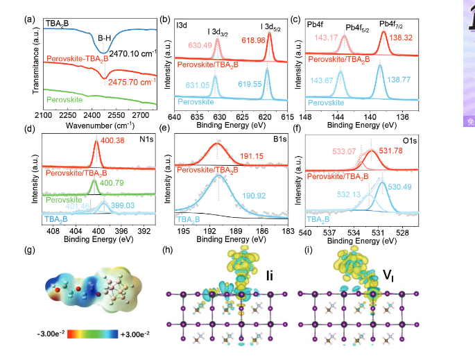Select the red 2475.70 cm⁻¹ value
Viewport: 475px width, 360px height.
(132, 83)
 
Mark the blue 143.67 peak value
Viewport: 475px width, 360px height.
(321, 80)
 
